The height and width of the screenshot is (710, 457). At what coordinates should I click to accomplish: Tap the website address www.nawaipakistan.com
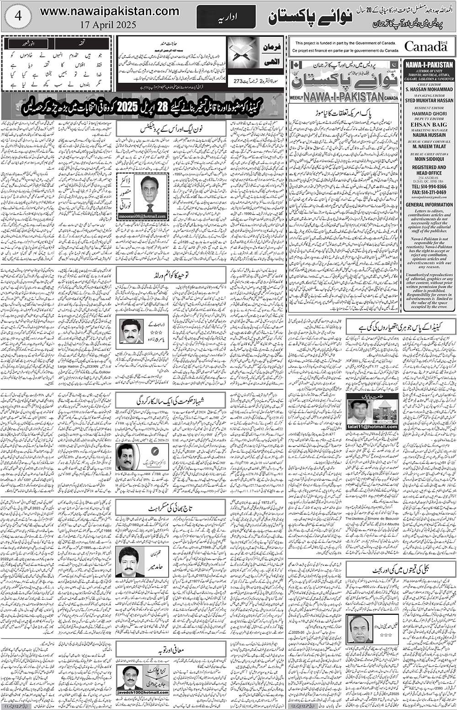[110, 11]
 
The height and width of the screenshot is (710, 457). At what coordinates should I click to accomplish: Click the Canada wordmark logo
[425, 46]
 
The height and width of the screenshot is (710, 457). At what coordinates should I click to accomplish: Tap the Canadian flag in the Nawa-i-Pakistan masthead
[294, 64]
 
